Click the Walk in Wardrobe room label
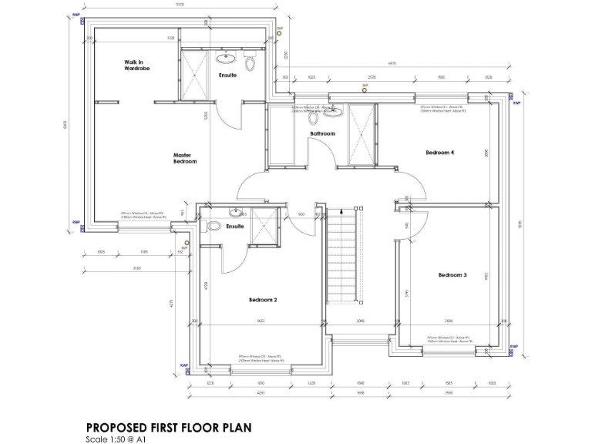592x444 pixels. pyautogui.click(x=137, y=66)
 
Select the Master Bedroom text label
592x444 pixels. pyautogui.click(x=184, y=158)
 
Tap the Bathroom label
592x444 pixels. pyautogui.click(x=322, y=134)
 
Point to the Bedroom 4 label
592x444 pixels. pyautogui.click(x=439, y=153)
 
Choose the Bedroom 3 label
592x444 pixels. pyautogui.click(x=452, y=275)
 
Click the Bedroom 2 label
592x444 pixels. pyautogui.click(x=263, y=300)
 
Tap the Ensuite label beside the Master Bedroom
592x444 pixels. pyautogui.click(x=227, y=75)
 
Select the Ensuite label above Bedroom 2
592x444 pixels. pyautogui.click(x=235, y=227)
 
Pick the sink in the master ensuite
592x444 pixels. pyautogui.click(x=227, y=57)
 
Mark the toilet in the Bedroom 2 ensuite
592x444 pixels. pyautogui.click(x=214, y=226)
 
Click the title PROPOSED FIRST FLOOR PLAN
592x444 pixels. pyautogui.click(x=168, y=426)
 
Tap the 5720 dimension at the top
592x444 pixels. pyautogui.click(x=180, y=5)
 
